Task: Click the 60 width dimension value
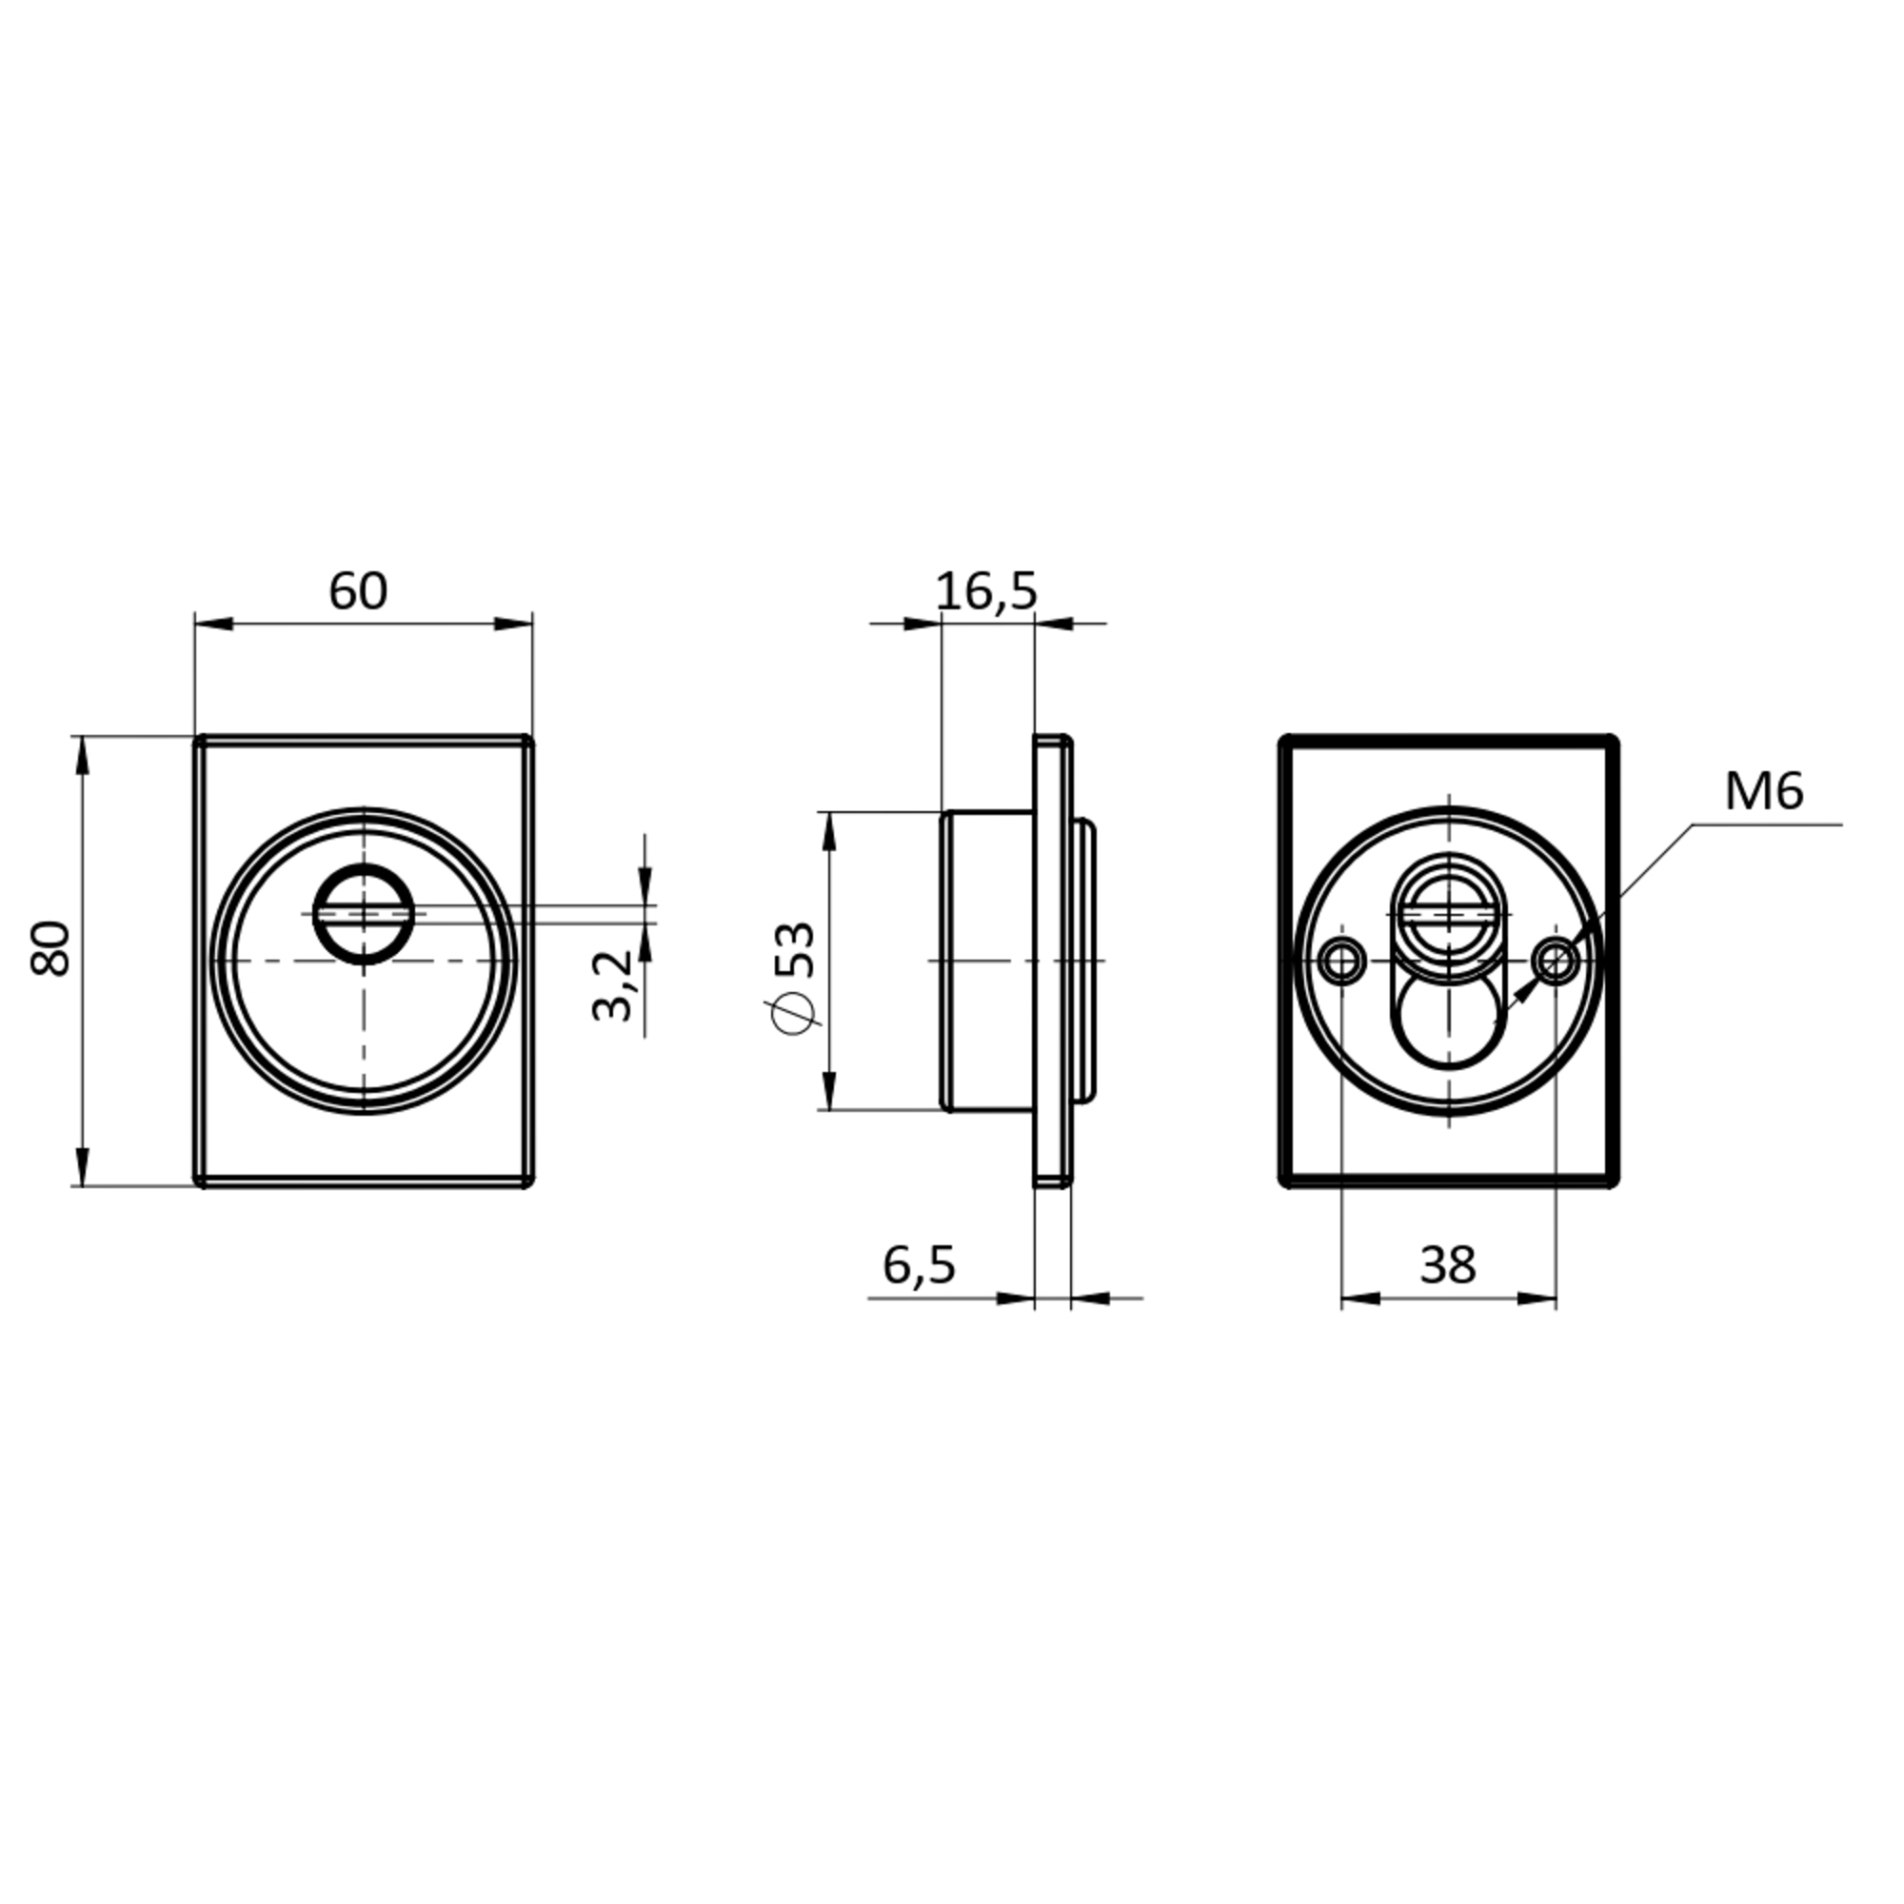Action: pyautogui.click(x=358, y=591)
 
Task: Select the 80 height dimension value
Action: pyautogui.click(x=51, y=948)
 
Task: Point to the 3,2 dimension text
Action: pyautogui.click(x=612, y=984)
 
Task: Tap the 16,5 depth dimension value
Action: pyautogui.click(x=986, y=591)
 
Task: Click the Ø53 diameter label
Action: pyautogui.click(x=794, y=976)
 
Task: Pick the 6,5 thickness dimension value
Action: pyautogui.click(x=919, y=1264)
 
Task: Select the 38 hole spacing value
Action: pyautogui.click(x=1448, y=1264)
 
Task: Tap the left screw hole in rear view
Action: pyautogui.click(x=1341, y=960)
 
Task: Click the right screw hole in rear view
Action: pyautogui.click(x=1556, y=960)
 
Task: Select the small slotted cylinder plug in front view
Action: pyautogui.click(x=364, y=915)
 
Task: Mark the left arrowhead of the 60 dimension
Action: pyautogui.click(x=213, y=623)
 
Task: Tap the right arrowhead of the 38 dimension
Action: pyautogui.click(x=1538, y=1299)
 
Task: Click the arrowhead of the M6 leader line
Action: pyautogui.click(x=1520, y=995)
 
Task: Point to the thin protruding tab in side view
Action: pyautogui.click(x=1085, y=960)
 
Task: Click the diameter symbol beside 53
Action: pyautogui.click(x=794, y=1015)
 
